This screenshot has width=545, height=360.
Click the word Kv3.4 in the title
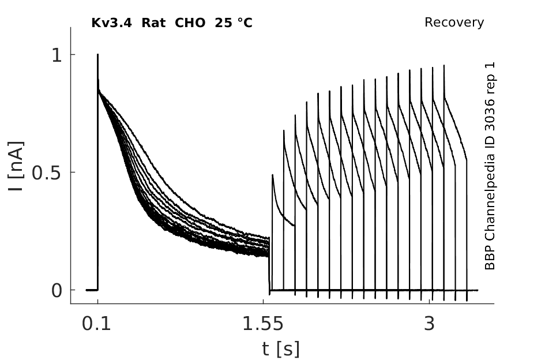[111, 23]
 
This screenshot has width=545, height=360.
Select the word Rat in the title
[153, 23]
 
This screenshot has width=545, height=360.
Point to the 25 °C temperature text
[234, 23]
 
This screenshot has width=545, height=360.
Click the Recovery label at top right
[454, 22]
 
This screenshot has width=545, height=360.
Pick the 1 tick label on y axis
[57, 55]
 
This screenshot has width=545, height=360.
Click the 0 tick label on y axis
[57, 290]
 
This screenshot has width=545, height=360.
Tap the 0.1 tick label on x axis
[96, 324]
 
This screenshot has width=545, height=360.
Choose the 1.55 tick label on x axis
[263, 324]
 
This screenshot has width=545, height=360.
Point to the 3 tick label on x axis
[430, 324]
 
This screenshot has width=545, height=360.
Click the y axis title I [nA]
[16, 166]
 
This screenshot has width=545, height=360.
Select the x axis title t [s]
[281, 349]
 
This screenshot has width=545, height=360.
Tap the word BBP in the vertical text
[490, 258]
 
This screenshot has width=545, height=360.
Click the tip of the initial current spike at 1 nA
[97, 54]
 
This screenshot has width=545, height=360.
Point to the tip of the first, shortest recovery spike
[272, 175]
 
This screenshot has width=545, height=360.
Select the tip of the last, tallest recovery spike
[444, 65]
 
